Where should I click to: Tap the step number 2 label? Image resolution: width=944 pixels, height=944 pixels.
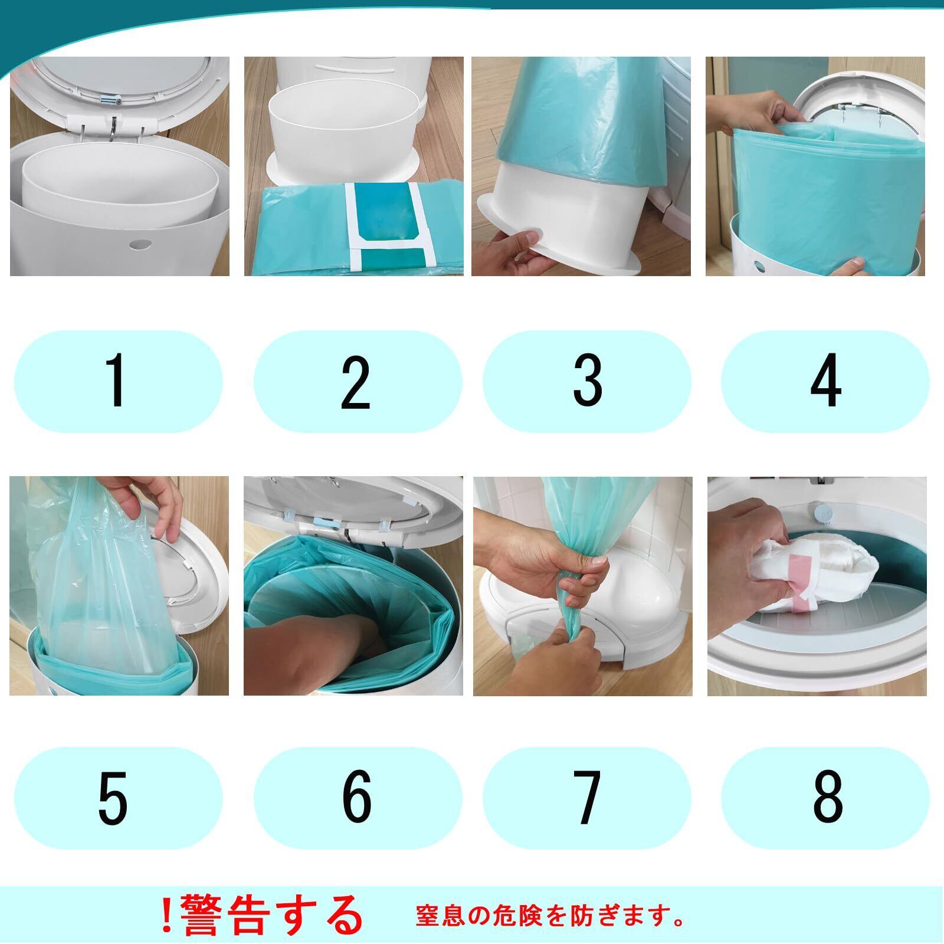tap(356, 382)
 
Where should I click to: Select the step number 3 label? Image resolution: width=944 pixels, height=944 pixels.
tap(587, 381)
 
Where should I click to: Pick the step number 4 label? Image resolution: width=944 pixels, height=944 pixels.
tap(825, 381)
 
